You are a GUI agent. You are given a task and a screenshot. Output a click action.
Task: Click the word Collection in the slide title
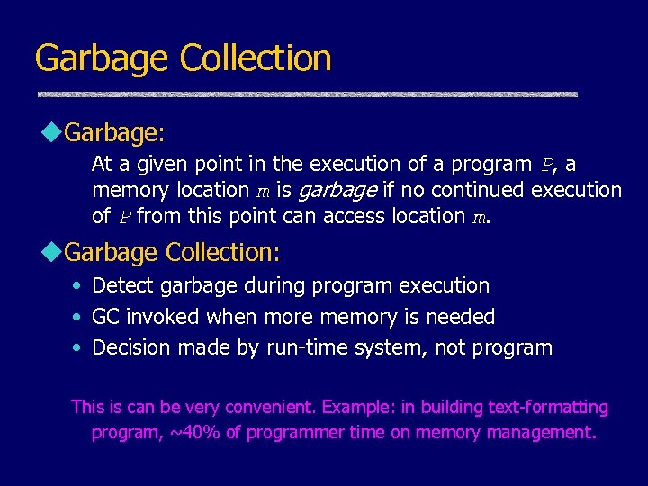click(256, 58)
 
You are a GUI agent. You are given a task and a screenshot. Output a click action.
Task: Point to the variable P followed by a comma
click(548, 166)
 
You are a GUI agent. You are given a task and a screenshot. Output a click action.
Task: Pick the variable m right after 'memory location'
click(263, 191)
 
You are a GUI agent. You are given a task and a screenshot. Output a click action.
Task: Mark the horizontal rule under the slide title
click(307, 94)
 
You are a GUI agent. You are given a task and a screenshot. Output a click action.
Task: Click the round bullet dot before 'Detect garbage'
click(77, 286)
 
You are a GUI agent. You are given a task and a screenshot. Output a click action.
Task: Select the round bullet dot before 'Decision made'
click(77, 348)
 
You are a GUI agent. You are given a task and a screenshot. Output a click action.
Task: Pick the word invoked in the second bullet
click(165, 317)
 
